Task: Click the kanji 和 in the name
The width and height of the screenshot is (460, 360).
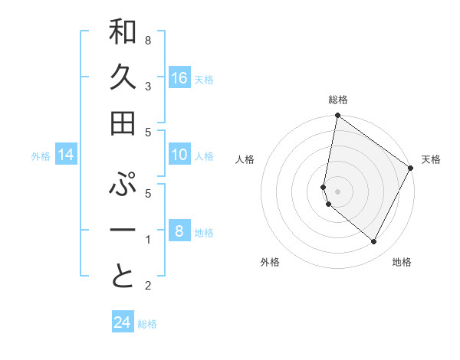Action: point(123,32)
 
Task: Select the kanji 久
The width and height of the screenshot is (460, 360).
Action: point(123,77)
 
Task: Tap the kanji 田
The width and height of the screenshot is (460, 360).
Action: point(123,122)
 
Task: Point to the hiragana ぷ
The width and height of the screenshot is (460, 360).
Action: point(123,186)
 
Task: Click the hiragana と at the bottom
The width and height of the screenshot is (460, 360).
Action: point(123,277)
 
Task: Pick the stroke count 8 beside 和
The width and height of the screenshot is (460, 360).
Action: point(148,39)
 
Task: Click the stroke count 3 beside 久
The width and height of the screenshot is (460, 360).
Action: point(148,86)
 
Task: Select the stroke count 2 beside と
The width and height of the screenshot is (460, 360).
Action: point(148,286)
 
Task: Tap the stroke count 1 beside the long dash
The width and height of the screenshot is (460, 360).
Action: point(148,240)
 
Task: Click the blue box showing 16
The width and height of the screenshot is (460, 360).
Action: point(179,78)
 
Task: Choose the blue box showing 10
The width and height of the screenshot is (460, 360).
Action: point(179,155)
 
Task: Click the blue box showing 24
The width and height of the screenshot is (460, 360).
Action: point(122,322)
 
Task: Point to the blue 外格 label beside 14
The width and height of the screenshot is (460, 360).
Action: point(41,156)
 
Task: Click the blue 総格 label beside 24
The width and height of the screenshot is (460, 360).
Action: point(147,324)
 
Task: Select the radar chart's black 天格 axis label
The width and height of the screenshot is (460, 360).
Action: point(431,159)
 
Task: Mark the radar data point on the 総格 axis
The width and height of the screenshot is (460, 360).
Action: point(337,116)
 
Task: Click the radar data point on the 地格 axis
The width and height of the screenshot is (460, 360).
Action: point(374,242)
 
